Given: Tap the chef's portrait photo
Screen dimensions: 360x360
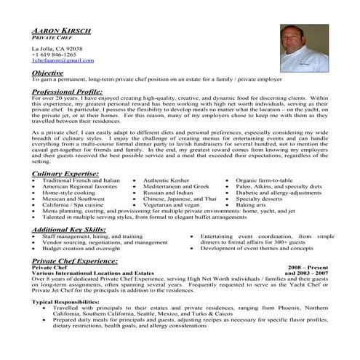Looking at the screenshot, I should point(305,45).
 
